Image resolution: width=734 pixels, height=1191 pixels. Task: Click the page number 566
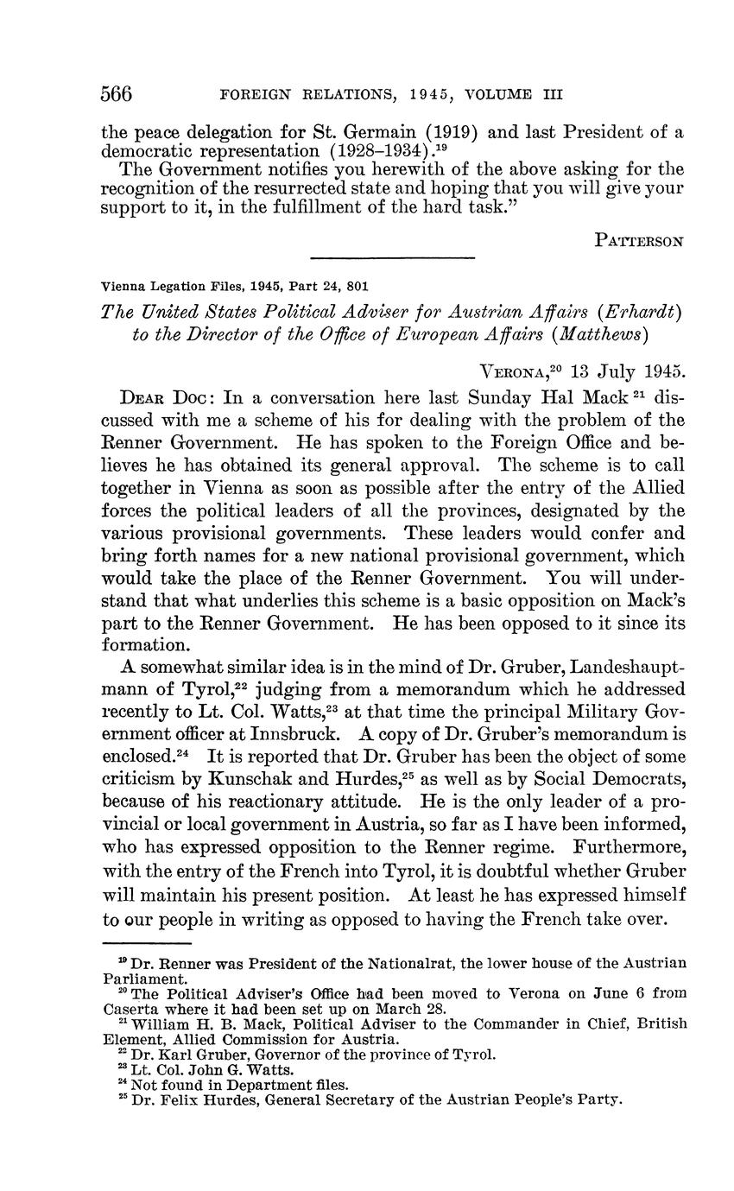tap(117, 93)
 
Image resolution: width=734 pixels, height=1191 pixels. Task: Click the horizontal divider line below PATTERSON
tap(392, 257)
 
